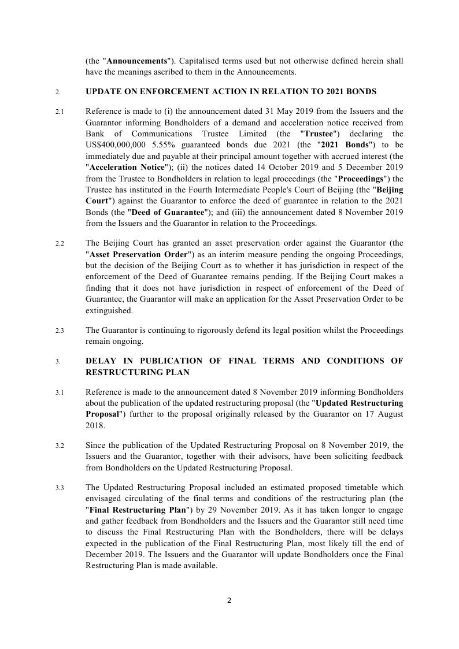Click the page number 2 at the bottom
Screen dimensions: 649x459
(229, 600)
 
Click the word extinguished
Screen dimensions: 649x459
(109, 310)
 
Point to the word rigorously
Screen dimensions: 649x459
(216, 330)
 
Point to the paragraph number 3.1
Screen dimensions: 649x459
(60, 392)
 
